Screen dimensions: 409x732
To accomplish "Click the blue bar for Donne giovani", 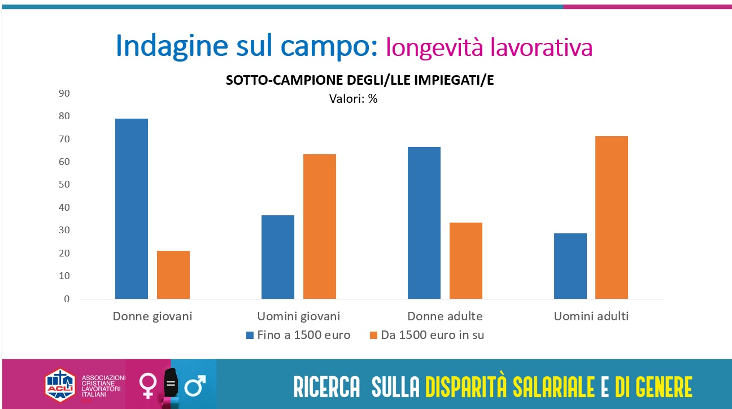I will (x=132, y=208).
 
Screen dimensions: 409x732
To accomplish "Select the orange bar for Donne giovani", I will (x=173, y=275).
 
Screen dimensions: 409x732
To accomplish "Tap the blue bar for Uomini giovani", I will (x=278, y=257).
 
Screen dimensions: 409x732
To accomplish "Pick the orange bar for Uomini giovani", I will (x=320, y=227).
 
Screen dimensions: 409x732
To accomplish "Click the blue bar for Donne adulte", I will (x=424, y=223).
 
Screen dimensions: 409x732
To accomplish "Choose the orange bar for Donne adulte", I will (x=466, y=260).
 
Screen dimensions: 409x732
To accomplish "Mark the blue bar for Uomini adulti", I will (x=570, y=266).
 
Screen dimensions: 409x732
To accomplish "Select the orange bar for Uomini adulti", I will (x=612, y=217).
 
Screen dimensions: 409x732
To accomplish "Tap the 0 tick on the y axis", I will (x=67, y=299).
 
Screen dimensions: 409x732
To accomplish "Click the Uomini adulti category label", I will (x=591, y=316).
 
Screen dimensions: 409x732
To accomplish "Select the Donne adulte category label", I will (x=445, y=316).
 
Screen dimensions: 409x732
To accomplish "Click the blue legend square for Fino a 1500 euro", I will (x=250, y=335).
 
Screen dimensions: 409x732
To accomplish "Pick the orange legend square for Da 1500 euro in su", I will (x=373, y=335).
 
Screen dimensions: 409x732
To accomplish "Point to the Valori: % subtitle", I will (x=353, y=98).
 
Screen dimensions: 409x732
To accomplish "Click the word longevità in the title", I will (x=434, y=47).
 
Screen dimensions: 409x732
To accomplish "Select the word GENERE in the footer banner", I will (x=663, y=388).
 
